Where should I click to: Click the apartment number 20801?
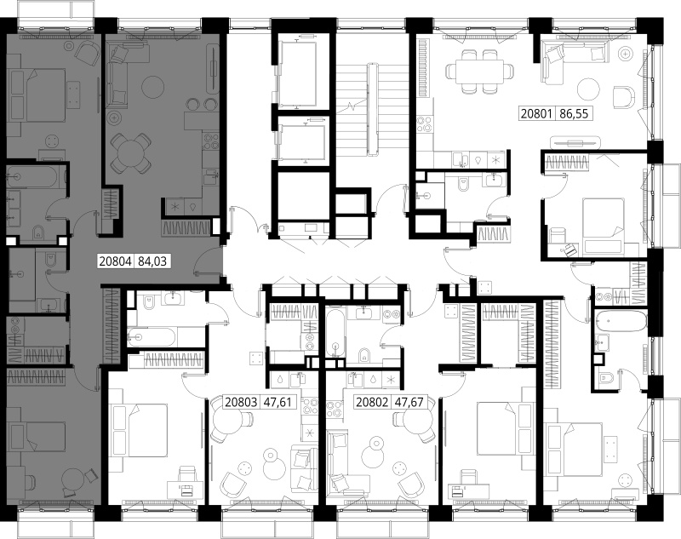[536, 114]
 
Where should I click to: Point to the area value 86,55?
[574, 114]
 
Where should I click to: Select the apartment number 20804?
[115, 261]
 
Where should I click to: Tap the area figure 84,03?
[152, 261]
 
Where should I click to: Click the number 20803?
[241, 402]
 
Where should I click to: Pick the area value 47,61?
[278, 402]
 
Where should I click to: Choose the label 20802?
[372, 402]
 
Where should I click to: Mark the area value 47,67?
[409, 402]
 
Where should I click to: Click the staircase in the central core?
[372, 110]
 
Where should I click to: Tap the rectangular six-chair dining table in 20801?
[479, 71]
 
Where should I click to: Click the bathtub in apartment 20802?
[335, 332]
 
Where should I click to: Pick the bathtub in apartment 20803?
[151, 336]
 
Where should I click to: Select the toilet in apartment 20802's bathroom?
[364, 355]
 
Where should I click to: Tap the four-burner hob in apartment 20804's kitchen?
[212, 140]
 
